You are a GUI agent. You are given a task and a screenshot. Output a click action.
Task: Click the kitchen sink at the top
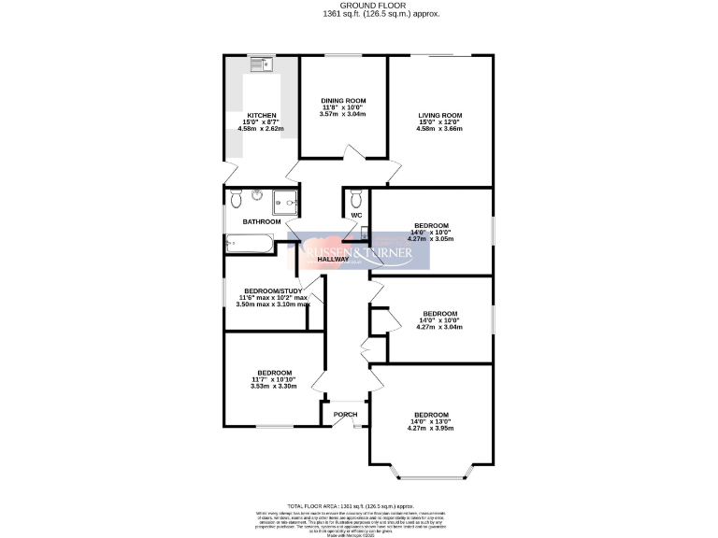tap(260, 64)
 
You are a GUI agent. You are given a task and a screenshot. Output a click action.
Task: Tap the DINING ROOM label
tap(343, 100)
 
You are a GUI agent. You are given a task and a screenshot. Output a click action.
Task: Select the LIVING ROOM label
tap(439, 116)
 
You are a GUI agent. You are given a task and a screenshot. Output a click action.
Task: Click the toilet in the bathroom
tap(236, 198)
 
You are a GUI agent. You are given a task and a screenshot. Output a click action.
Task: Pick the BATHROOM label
tap(262, 221)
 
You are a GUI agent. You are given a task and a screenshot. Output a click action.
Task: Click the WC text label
tap(356, 216)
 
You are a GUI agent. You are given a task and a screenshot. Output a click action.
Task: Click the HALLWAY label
tap(332, 259)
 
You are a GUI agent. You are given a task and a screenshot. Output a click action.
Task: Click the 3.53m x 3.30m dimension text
tap(273, 386)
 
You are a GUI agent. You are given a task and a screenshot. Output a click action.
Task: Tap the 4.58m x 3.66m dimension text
tap(439, 129)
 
